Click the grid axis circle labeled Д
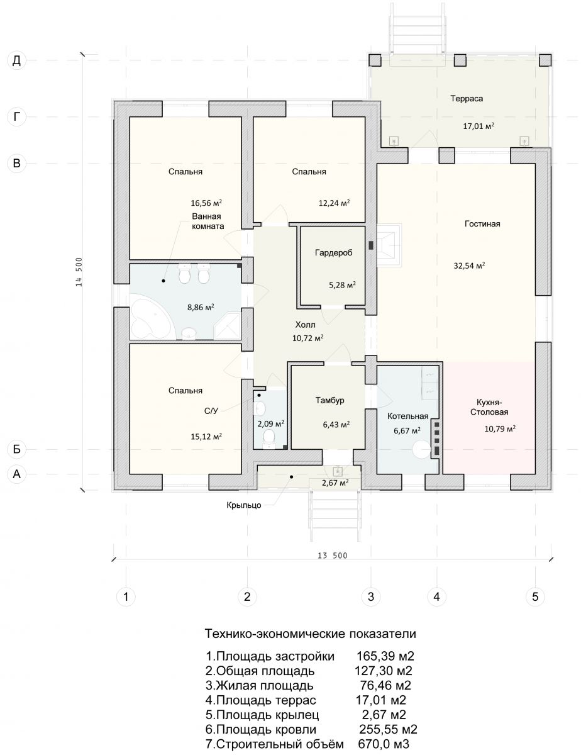tap(16, 60)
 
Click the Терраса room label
tap(467, 99)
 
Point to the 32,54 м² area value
tap(469, 266)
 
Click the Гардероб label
tap(333, 252)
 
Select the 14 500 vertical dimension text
tap(79, 272)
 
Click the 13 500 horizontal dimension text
tap(332, 556)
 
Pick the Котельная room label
tap(408, 417)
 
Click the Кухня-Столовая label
tap(489, 407)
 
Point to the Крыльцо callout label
tap(243, 505)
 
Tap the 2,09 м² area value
tap(271, 423)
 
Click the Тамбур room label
tap(329, 400)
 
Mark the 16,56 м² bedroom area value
tap(206, 203)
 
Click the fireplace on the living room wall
tap(389, 245)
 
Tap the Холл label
tap(306, 325)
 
